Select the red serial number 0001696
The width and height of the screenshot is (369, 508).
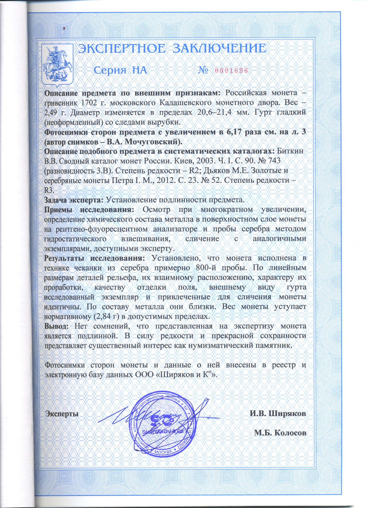coord(231,71)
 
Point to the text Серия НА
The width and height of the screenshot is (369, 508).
coord(120,70)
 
